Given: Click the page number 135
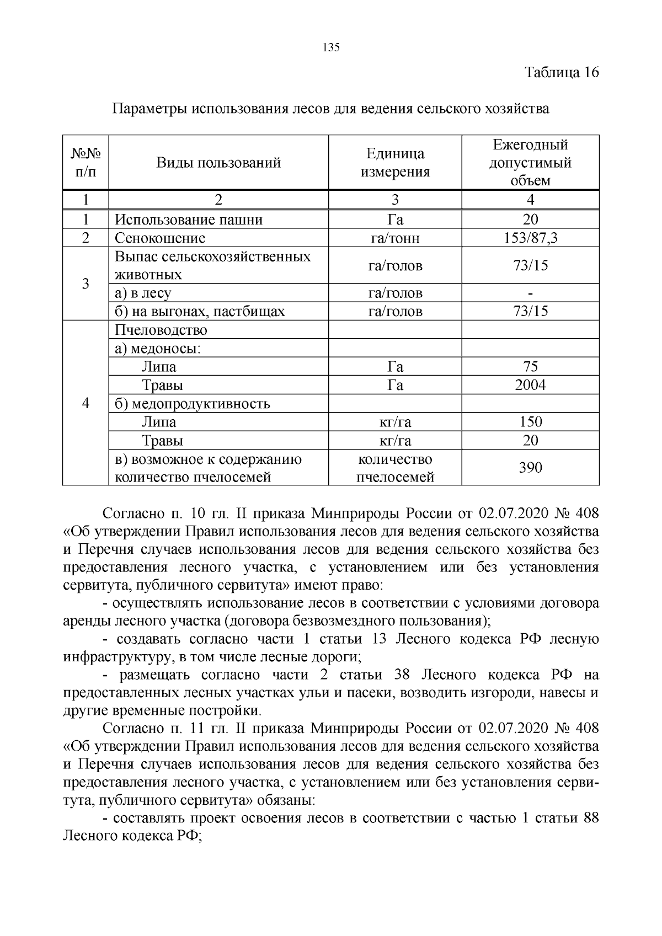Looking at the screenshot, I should click(x=330, y=47).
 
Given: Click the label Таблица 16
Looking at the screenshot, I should click(x=562, y=73).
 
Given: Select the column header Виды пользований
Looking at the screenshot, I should click(x=218, y=163).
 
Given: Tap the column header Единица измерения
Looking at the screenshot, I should click(x=395, y=163).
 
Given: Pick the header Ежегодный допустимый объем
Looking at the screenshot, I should click(x=530, y=163).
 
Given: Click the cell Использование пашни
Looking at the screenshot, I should click(x=188, y=220).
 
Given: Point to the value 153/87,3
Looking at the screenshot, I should click(x=530, y=238).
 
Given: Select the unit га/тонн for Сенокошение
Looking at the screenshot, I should click(x=395, y=238).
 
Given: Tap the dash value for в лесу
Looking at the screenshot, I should click(x=530, y=293).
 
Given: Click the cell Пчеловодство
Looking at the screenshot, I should click(x=161, y=330).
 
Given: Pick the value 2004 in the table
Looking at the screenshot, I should click(x=530, y=385).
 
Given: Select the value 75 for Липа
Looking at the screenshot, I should click(x=530, y=367).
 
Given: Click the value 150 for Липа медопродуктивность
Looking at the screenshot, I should click(x=530, y=422).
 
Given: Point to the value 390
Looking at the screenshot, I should click(x=530, y=468).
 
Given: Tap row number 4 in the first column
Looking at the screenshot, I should click(x=86, y=403).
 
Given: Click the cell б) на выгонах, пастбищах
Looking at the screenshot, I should click(x=199, y=312).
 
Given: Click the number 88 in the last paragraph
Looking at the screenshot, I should click(x=590, y=818).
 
